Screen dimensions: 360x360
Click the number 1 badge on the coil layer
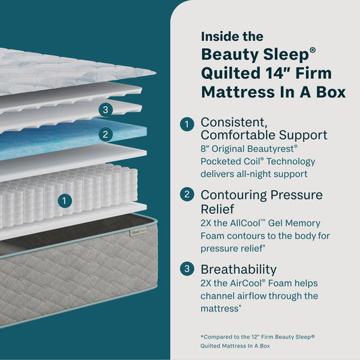click(x=64, y=201)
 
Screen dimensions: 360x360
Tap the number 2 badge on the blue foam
click(x=105, y=134)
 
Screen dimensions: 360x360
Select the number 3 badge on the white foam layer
click(x=105, y=109)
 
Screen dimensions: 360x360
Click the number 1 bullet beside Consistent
click(x=187, y=124)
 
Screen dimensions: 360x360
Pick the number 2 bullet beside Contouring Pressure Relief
click(x=187, y=196)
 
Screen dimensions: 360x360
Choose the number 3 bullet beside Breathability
click(x=187, y=269)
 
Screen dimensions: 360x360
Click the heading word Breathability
click(x=238, y=269)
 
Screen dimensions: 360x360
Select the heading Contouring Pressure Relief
click(x=263, y=196)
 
